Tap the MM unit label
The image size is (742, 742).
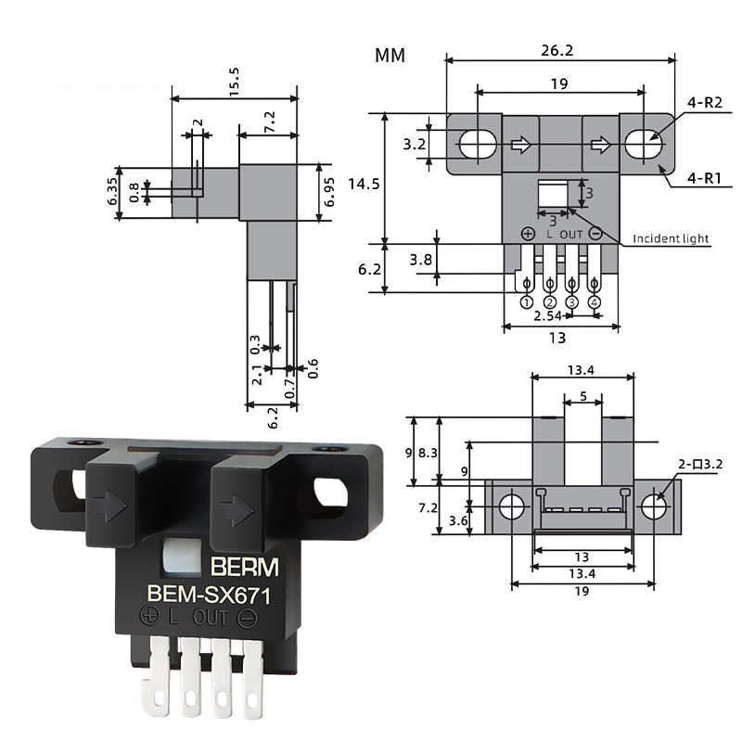coord(390,55)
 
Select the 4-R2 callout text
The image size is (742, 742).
coord(705,106)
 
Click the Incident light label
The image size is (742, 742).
coord(671,238)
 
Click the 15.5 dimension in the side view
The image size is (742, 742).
coord(234,79)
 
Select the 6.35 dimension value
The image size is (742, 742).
coord(113,192)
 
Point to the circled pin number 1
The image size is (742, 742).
coord(527,302)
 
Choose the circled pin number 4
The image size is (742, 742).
coord(595,302)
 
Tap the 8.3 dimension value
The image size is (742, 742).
coord(426,452)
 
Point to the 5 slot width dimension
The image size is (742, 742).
coord(582,396)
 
